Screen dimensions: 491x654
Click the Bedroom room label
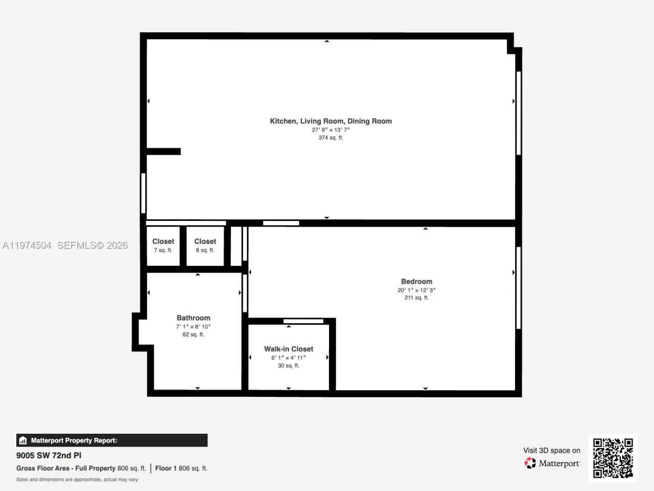pyautogui.click(x=416, y=281)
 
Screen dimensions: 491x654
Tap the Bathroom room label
pyautogui.click(x=193, y=318)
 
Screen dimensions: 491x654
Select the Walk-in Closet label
pyautogui.click(x=288, y=349)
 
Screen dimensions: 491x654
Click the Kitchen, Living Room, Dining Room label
pyautogui.click(x=331, y=121)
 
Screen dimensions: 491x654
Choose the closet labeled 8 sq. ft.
pyautogui.click(x=205, y=245)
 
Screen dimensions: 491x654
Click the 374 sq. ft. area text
pyautogui.click(x=331, y=138)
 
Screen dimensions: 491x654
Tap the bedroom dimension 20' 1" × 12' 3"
pyautogui.click(x=416, y=290)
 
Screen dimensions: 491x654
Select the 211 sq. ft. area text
pyautogui.click(x=416, y=298)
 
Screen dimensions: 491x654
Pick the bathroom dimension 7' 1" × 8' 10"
pyautogui.click(x=193, y=326)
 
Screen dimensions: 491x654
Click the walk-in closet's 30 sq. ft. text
pyautogui.click(x=288, y=366)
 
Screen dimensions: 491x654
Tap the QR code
pyautogui.click(x=613, y=458)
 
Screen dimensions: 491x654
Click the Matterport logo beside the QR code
pyautogui.click(x=552, y=463)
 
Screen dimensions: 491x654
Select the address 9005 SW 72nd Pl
pyautogui.click(x=49, y=455)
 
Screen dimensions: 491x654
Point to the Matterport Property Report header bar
pyautogui.click(x=112, y=440)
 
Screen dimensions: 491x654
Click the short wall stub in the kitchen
pyautogui.click(x=163, y=151)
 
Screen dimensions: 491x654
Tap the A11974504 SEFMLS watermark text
pyautogui.click(x=65, y=245)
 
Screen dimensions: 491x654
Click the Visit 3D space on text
pyautogui.click(x=551, y=451)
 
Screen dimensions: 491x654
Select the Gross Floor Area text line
pyautogui.click(x=112, y=468)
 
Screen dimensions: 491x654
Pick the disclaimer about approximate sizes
pyautogui.click(x=77, y=480)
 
